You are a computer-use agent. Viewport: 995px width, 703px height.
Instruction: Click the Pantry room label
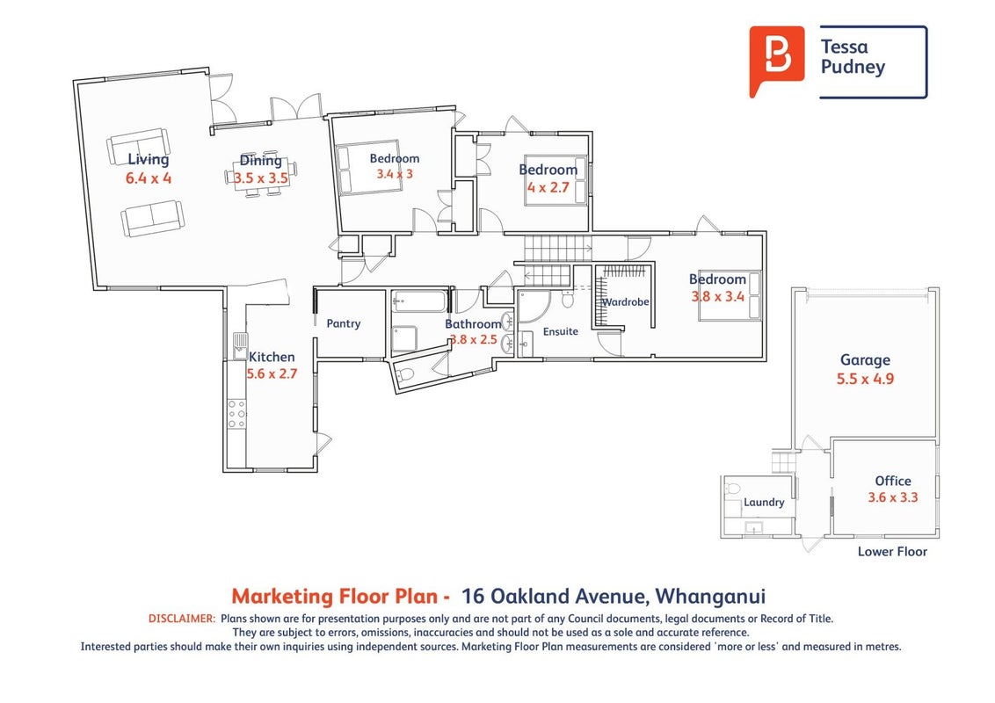(344, 323)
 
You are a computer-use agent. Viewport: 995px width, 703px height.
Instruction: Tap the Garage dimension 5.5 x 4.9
(865, 379)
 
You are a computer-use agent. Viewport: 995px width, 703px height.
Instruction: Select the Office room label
(893, 481)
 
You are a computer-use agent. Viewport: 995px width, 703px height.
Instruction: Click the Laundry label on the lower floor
(764, 502)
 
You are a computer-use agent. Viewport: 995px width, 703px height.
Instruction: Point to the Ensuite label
(560, 331)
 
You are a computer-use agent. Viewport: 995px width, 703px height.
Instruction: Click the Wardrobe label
(626, 302)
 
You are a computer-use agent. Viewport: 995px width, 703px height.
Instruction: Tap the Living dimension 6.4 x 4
(149, 178)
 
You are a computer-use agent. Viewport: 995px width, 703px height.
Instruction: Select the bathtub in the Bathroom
(418, 301)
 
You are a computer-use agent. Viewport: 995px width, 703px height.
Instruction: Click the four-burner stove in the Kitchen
(236, 414)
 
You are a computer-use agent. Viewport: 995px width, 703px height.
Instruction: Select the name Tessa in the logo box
(844, 47)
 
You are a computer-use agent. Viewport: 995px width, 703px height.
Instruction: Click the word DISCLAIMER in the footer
(182, 619)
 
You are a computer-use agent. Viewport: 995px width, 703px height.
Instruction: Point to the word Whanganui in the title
(710, 597)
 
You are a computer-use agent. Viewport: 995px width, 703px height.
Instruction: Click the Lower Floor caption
(892, 551)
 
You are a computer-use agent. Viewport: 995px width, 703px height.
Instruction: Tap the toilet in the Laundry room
(732, 489)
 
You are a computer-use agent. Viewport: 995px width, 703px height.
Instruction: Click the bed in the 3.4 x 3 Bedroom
(368, 168)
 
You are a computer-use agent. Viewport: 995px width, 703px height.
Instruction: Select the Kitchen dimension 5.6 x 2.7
(272, 373)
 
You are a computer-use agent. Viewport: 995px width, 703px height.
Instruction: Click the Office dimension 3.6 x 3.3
(893, 497)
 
